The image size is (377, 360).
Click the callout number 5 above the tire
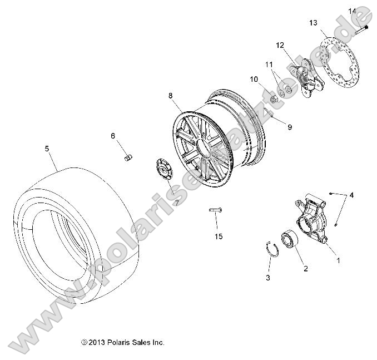[47, 149]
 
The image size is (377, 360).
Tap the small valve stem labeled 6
[127, 158]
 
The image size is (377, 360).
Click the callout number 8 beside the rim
[171, 96]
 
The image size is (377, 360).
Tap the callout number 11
[268, 64]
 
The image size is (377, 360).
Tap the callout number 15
[219, 236]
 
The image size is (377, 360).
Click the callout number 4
[351, 195]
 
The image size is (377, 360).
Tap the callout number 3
[267, 277]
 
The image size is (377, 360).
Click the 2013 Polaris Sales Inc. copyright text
[122, 343]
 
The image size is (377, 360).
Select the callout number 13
[314, 23]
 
